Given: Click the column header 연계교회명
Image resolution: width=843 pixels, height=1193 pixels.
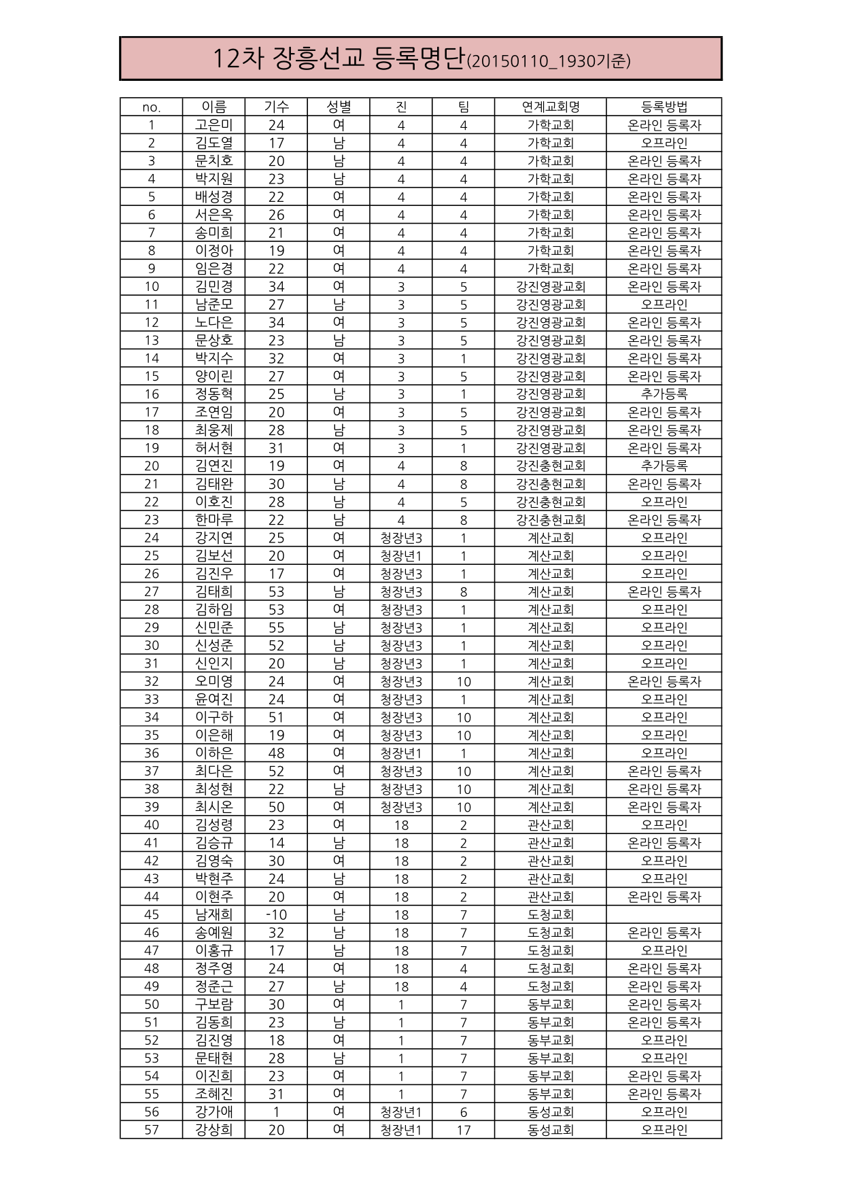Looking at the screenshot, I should [550, 107].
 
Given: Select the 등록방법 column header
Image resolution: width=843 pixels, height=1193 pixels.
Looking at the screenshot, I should [664, 107].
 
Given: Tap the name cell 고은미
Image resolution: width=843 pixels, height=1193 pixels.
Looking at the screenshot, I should [213, 125].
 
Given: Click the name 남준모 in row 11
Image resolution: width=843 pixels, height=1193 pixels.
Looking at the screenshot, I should [213, 305].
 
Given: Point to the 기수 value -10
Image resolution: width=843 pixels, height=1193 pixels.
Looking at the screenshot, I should [276, 915].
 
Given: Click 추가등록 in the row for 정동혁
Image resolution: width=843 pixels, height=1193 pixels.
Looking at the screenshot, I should [664, 394].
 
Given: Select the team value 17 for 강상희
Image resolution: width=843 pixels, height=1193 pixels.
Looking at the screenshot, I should [464, 1130].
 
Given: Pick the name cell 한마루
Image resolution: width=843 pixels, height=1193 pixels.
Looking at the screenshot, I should [213, 520].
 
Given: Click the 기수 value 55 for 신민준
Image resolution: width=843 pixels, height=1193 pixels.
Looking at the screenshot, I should [276, 627].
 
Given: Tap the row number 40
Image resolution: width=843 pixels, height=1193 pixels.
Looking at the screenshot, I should [152, 825].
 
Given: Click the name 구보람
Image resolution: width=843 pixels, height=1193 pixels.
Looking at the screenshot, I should [213, 1005].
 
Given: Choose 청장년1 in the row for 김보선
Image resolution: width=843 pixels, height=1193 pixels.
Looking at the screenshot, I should [401, 556].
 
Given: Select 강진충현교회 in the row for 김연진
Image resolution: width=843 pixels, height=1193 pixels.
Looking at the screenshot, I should [550, 466].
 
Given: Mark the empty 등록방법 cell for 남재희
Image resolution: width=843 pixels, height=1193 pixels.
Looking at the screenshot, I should [664, 915].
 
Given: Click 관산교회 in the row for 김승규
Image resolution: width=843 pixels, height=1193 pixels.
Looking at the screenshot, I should [550, 843].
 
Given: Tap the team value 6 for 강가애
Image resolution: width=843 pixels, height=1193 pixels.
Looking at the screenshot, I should [464, 1112].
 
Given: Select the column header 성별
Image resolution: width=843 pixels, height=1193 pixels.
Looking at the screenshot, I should [339, 107].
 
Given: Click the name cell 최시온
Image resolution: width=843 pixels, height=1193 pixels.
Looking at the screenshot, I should [213, 807].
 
